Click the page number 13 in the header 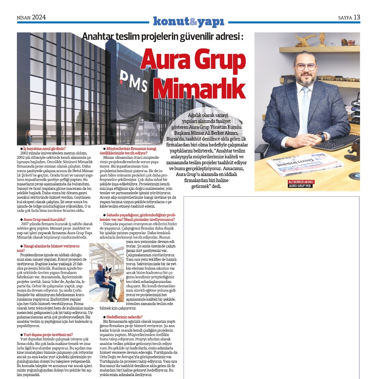point(357,17)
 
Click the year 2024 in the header point(39,17)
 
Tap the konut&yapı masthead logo point(188,21)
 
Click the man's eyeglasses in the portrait point(306,67)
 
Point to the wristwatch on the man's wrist point(320,136)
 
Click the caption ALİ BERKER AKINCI point(301,182)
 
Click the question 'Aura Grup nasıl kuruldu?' point(45,220)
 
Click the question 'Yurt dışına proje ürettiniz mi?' point(48,335)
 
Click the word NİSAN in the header point(23,18)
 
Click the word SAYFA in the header point(345,18)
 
